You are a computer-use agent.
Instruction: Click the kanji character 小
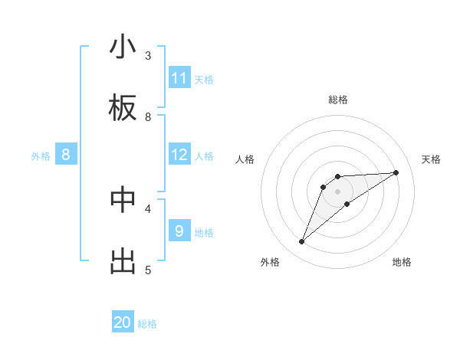[123, 47]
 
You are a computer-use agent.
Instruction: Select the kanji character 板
[123, 109]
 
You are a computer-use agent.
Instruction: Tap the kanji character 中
[123, 199]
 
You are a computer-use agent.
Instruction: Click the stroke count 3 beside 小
[148, 55]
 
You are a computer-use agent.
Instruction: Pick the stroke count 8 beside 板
[148, 116]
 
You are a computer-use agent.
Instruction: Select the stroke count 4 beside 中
[148, 208]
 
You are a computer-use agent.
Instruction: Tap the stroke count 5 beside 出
[148, 269]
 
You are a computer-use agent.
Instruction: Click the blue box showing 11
[179, 78]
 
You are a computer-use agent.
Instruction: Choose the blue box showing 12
[179, 155]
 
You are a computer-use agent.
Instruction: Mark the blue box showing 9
[179, 231]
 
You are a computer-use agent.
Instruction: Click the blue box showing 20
[123, 322]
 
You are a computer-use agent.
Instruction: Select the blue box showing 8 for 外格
[66, 155]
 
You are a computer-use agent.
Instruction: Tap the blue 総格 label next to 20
[147, 324]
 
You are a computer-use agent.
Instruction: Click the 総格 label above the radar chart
[337, 100]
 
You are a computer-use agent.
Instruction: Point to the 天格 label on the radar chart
[432, 159]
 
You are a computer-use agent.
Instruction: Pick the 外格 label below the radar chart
[270, 262]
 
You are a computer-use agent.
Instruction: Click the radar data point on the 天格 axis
[396, 172]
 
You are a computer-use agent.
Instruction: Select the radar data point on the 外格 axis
[301, 242]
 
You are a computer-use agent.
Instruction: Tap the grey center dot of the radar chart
[337, 191]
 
